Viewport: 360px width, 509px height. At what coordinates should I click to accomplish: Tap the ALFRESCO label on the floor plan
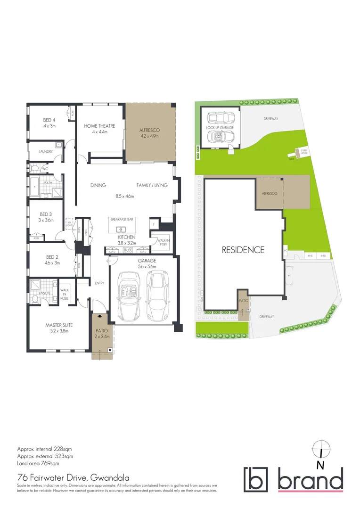[149, 130]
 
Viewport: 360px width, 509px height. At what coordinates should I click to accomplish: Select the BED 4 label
[49, 120]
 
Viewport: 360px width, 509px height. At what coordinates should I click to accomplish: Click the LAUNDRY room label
[46, 151]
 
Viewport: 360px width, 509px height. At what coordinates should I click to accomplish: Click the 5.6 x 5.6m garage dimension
[147, 266]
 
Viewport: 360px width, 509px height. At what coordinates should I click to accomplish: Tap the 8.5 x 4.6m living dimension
[129, 196]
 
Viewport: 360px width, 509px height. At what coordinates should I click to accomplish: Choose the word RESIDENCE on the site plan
[243, 250]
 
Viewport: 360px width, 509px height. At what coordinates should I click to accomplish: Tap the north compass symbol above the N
[320, 447]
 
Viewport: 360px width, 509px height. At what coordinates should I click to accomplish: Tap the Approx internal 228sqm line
[44, 449]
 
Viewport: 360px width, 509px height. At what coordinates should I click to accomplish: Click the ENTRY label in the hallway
[99, 283]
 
